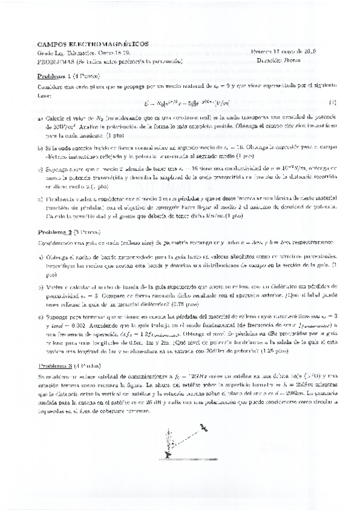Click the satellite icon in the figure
coord(203,428)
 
